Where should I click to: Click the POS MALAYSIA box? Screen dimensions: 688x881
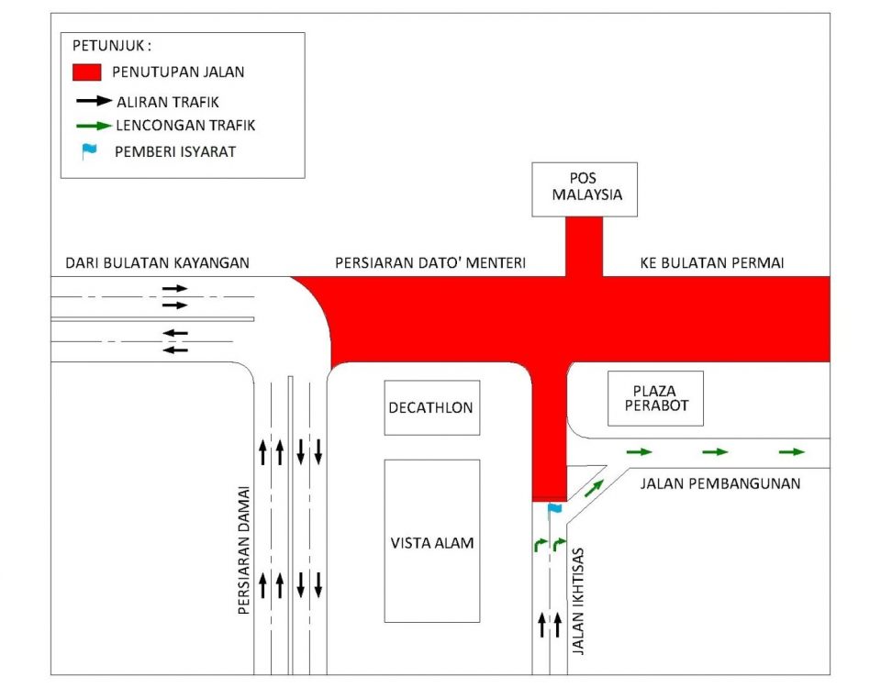(585, 189)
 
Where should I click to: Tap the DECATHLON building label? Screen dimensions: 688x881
(431, 407)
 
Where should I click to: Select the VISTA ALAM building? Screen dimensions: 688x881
(431, 541)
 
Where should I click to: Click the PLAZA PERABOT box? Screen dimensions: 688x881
(655, 398)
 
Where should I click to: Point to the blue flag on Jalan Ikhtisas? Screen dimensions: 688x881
(553, 509)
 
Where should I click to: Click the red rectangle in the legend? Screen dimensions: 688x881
(86, 72)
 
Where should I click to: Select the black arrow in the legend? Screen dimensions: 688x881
(93, 101)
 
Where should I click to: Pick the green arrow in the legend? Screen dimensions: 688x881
(93, 126)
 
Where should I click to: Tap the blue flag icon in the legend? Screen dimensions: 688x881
(88, 151)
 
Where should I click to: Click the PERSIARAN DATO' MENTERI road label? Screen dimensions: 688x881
(430, 263)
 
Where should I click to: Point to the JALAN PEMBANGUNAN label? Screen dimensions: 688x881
(719, 483)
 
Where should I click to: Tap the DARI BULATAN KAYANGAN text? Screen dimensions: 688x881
(157, 263)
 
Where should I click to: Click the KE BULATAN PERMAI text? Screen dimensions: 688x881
(712, 263)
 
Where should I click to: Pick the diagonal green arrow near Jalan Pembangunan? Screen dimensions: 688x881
(595, 487)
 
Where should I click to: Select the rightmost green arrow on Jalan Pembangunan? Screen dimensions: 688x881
(791, 451)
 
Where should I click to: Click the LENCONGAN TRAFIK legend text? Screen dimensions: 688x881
(185, 126)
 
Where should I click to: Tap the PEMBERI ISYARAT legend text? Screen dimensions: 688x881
(174, 151)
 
